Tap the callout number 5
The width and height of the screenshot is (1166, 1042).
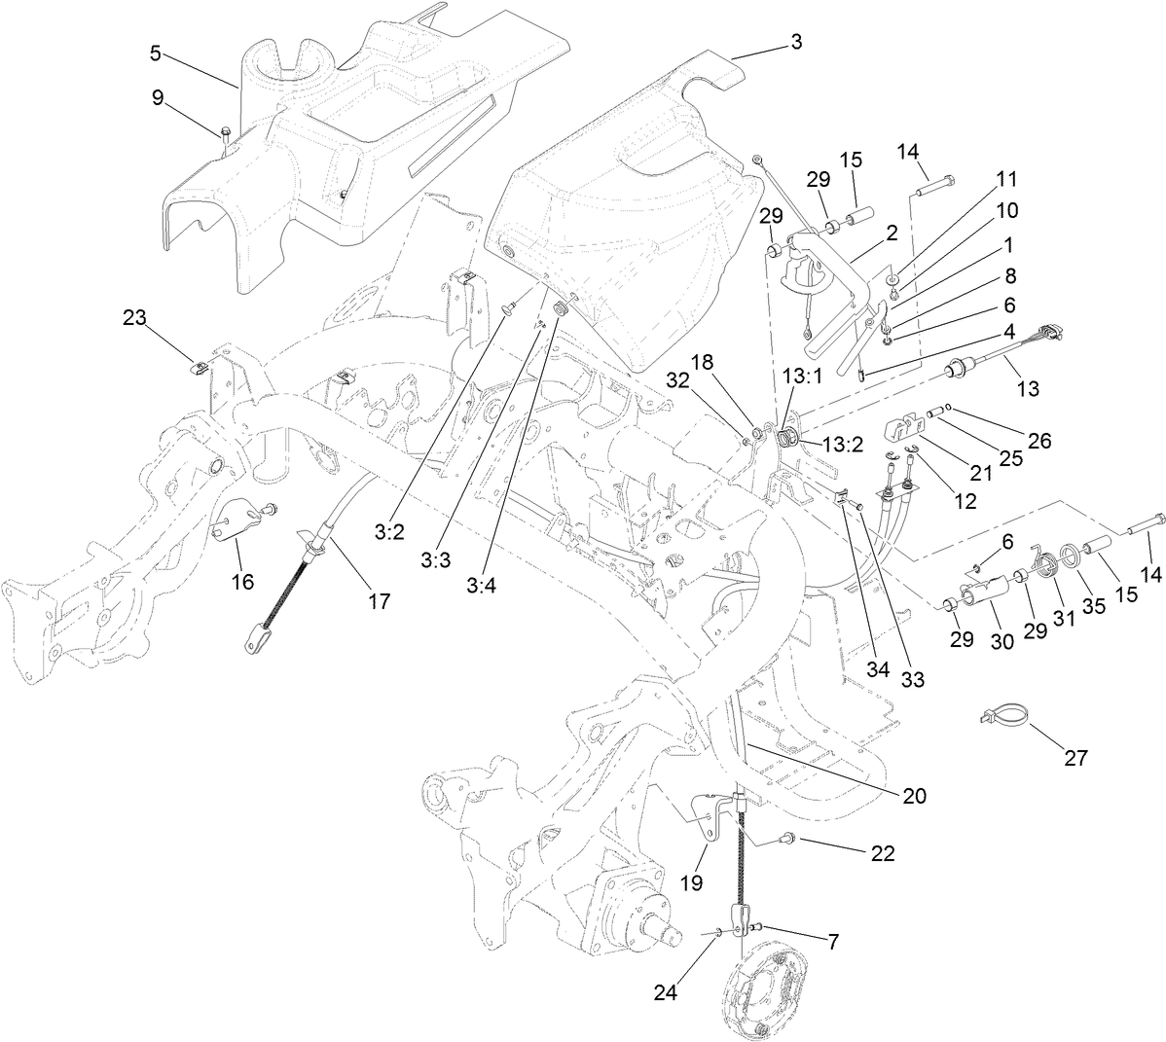coord(156,54)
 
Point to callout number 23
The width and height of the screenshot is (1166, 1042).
coord(135,316)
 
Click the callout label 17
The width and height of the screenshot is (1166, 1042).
coord(379,601)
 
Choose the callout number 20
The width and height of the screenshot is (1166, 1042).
coord(914,795)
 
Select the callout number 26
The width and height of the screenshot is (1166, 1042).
coord(1039,440)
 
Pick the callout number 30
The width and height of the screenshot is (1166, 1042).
coord(1002,641)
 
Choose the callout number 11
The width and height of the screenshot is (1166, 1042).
coord(1005,179)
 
